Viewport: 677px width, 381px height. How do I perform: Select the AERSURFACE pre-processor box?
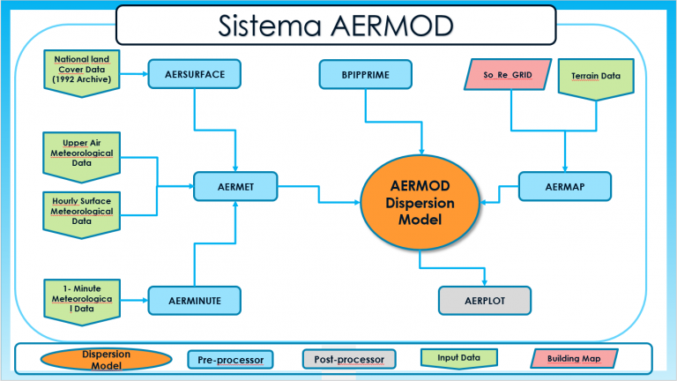[195, 75]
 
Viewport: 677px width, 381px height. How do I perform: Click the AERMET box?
[235, 187]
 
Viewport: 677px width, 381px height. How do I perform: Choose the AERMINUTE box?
[195, 301]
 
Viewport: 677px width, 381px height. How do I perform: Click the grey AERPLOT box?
[485, 301]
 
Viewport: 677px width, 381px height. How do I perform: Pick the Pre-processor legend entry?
[231, 359]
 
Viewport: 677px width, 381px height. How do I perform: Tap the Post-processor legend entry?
[348, 359]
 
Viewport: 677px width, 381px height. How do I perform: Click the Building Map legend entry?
[573, 358]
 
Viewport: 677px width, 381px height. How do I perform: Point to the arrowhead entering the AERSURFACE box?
[145, 75]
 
